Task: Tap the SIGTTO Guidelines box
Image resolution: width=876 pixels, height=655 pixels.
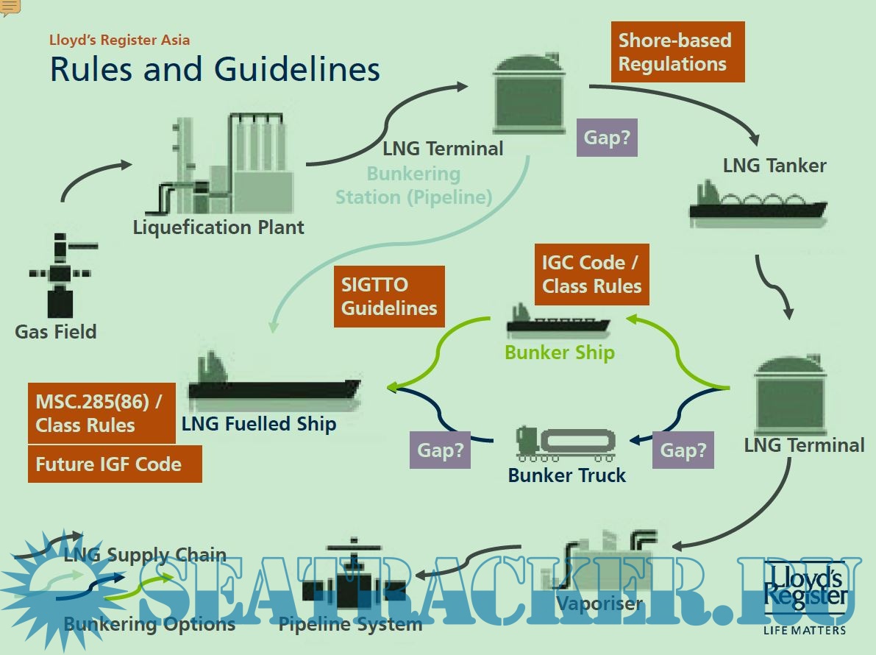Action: pyautogui.click(x=389, y=296)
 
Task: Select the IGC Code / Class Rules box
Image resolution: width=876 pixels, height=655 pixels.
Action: pyautogui.click(x=592, y=274)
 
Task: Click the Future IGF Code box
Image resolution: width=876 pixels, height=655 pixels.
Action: pyautogui.click(x=114, y=464)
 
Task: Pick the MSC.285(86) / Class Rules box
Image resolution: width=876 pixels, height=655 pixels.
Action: pyautogui.click(x=102, y=413)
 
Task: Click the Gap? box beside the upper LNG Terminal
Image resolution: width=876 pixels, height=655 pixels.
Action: pyautogui.click(x=607, y=138)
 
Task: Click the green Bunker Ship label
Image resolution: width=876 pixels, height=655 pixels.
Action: pyautogui.click(x=559, y=353)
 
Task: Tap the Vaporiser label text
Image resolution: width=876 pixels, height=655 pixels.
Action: pyautogui.click(x=599, y=604)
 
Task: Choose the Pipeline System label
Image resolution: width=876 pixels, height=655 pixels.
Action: pyautogui.click(x=350, y=625)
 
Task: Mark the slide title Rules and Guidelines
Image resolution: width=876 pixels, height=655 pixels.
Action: pyautogui.click(x=215, y=69)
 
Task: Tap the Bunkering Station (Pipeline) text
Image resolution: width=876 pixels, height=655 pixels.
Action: pyautogui.click(x=413, y=185)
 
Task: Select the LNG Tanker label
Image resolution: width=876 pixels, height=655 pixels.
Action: pyautogui.click(x=774, y=166)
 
